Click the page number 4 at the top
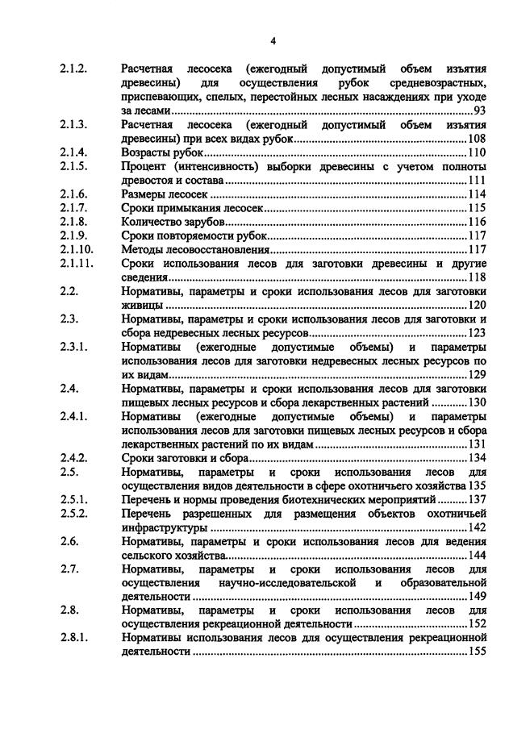click(273, 40)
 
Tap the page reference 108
click(477, 139)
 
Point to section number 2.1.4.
click(73, 152)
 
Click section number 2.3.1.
click(73, 347)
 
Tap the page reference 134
click(477, 458)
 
